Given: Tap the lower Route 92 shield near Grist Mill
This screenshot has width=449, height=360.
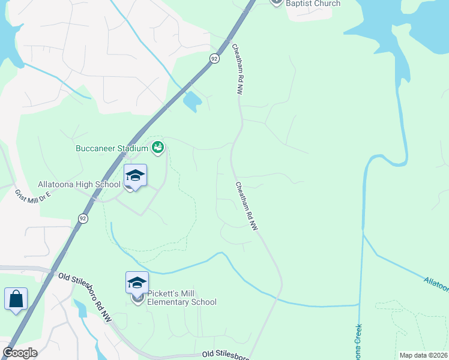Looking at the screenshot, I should click(82, 218).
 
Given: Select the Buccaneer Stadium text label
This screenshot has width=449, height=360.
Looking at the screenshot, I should click(112, 148).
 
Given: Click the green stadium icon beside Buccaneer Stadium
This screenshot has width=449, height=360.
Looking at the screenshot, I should click(158, 146).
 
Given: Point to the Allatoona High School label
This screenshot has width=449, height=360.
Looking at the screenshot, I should click(79, 184).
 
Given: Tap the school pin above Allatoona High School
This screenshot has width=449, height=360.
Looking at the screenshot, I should click(136, 176).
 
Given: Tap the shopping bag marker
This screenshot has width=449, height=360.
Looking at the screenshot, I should click(16, 299).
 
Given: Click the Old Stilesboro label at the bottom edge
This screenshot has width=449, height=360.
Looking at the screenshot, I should click(225, 356).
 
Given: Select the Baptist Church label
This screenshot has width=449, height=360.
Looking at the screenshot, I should click(313, 4).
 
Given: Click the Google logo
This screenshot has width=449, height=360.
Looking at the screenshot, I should click(20, 353).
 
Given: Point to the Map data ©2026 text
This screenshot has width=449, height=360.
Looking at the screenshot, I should click(423, 355).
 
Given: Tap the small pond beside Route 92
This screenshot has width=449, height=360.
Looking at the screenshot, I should click(191, 102).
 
